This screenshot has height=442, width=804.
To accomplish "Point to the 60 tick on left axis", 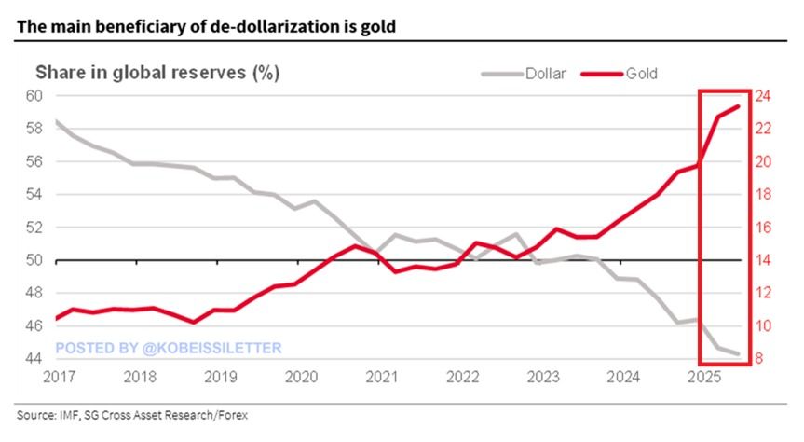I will (x=34, y=96).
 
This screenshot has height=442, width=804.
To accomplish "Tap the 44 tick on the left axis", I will (x=34, y=359).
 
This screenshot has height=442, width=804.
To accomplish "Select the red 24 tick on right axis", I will (x=762, y=96).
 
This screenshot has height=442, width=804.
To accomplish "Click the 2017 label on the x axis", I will (x=58, y=378).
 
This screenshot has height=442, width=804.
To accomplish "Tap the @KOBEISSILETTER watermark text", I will (x=211, y=348).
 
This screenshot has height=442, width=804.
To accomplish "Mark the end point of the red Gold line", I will (x=739, y=106).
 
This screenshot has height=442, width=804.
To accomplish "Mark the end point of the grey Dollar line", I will (x=739, y=353).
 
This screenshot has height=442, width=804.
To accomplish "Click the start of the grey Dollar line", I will (x=56, y=121).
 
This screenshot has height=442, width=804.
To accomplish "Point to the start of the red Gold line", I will (x=56, y=318).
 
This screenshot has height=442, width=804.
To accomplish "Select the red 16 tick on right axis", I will (x=762, y=228).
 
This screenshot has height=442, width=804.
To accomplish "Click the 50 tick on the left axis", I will (x=34, y=260).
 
